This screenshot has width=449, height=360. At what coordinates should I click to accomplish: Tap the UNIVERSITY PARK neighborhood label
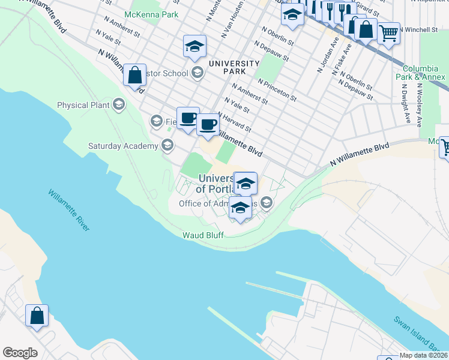tap(234, 67)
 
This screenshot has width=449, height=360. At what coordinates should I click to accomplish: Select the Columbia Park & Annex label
tap(424, 73)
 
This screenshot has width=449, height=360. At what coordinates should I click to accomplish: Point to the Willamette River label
tap(68, 211)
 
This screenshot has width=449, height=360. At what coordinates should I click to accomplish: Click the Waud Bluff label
tap(203, 235)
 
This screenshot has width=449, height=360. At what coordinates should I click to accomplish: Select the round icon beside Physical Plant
tap(118, 105)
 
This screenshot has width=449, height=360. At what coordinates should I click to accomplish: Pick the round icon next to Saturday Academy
tap(167, 145)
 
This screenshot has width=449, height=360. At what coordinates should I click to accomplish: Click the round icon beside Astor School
tap(197, 73)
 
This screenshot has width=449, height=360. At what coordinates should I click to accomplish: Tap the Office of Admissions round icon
tap(266, 203)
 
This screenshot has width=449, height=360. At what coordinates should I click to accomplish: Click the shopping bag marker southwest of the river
tap(37, 316)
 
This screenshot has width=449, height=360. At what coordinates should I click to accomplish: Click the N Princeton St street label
tap(277, 89)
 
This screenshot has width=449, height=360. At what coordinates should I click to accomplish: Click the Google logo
tap(20, 352)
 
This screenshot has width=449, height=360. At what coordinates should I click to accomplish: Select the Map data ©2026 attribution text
tap(423, 355)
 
